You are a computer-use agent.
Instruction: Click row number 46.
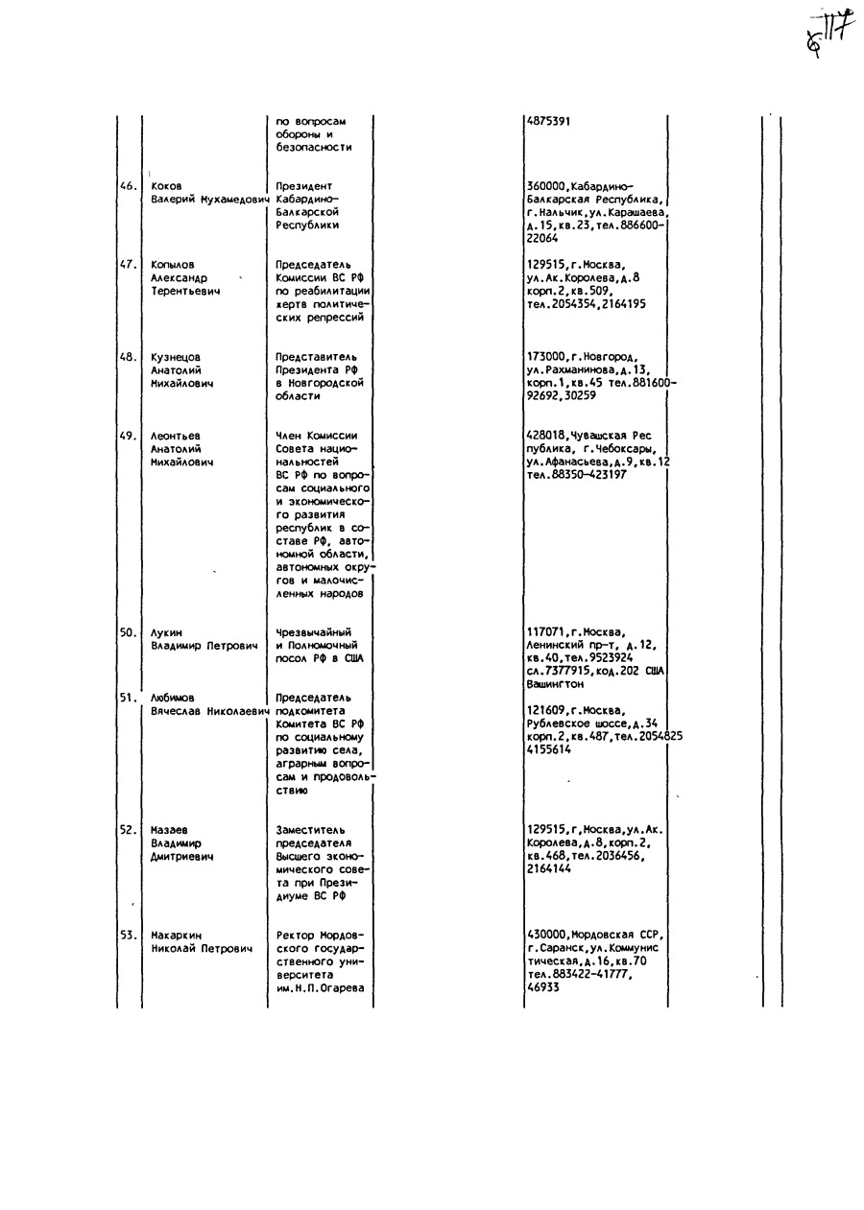[x=128, y=185]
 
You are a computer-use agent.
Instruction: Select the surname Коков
[x=166, y=185]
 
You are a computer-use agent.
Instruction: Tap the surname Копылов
[x=172, y=265]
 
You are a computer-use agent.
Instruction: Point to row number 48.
[x=128, y=357]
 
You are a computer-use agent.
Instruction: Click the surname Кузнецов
[x=175, y=357]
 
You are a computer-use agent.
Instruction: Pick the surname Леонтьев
[x=175, y=436]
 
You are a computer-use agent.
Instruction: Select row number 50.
[x=128, y=632]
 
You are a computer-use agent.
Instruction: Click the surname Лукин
[x=166, y=632]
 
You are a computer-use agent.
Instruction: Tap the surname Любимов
[x=172, y=698]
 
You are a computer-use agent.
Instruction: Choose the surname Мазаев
[x=169, y=830]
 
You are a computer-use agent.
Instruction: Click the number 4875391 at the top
[x=548, y=122]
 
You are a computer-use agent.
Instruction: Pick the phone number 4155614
[x=548, y=749]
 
